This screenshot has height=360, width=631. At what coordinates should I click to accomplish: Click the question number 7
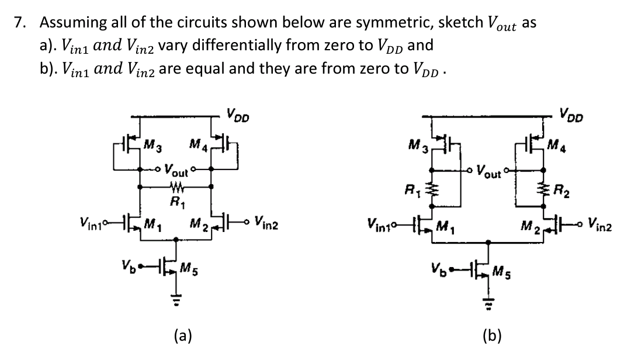pos(20,23)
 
